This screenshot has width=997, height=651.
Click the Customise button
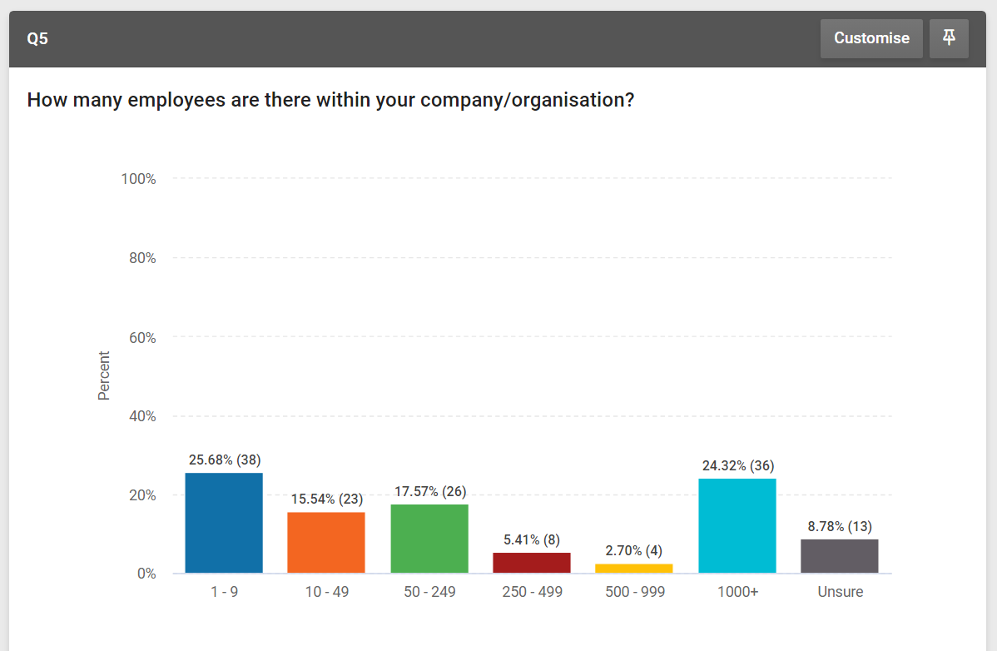pyautogui.click(x=871, y=38)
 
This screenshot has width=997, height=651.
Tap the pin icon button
pyautogui.click(x=949, y=38)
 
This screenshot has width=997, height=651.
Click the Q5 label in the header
pyautogui.click(x=37, y=39)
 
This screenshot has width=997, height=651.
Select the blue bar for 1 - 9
pyautogui.click(x=224, y=523)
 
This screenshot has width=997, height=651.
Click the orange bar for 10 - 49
pyautogui.click(x=326, y=543)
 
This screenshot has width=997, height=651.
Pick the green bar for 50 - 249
pyautogui.click(x=429, y=539)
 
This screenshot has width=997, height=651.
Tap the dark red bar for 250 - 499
pyautogui.click(x=532, y=563)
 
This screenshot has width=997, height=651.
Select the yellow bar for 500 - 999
pyautogui.click(x=634, y=569)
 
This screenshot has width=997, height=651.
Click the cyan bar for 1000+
pyautogui.click(x=737, y=525)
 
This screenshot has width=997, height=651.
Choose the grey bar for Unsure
pyautogui.click(x=840, y=556)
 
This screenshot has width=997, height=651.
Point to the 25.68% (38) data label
pyautogui.click(x=225, y=460)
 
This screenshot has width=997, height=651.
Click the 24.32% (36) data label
pyautogui.click(x=737, y=465)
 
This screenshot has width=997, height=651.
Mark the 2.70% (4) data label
pyautogui.click(x=634, y=551)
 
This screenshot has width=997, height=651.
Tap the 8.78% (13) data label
pyautogui.click(x=840, y=526)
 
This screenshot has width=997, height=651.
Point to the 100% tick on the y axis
pyautogui.click(x=139, y=179)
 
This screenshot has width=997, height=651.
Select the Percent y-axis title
pyautogui.click(x=104, y=375)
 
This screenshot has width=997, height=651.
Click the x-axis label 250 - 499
pyautogui.click(x=532, y=592)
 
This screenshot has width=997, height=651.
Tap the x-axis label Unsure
pyautogui.click(x=840, y=592)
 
